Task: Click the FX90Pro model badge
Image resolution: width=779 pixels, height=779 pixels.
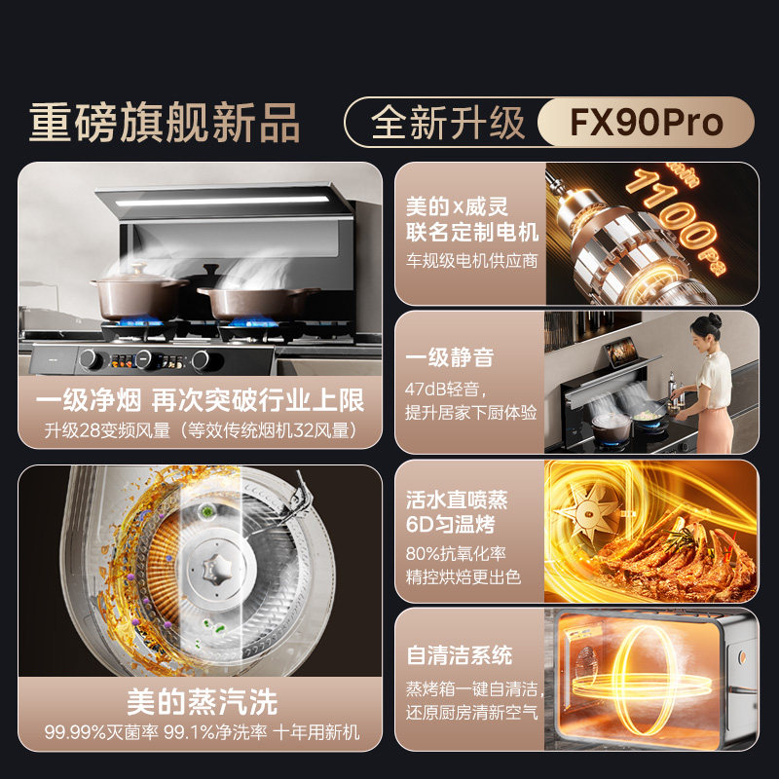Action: [646, 124]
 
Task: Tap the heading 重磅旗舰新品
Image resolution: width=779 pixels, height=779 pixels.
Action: [165, 124]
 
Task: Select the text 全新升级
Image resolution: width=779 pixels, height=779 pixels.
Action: [448, 124]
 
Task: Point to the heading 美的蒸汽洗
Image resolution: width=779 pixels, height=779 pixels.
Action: [202, 701]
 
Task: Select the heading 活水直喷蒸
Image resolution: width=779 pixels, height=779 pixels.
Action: [457, 501]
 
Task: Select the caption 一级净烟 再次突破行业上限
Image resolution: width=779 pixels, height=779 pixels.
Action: [200, 400]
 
